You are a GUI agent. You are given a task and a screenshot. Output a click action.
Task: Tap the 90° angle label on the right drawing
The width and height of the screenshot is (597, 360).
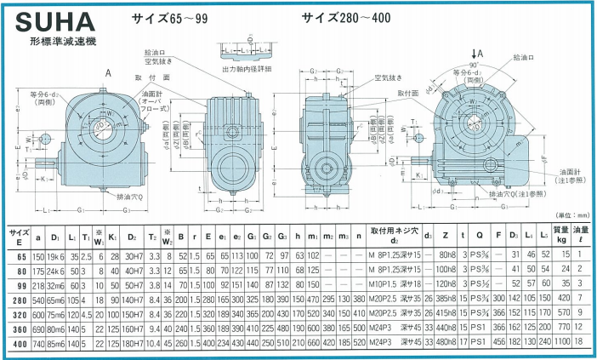tap(482, 66)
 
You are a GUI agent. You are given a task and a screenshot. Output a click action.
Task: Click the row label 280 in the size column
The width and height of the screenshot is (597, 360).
tap(19, 300)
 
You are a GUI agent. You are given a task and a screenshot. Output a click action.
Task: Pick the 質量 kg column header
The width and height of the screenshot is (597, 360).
tap(560, 234)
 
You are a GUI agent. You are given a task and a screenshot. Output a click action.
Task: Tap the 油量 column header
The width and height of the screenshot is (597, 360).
tap(582, 234)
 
